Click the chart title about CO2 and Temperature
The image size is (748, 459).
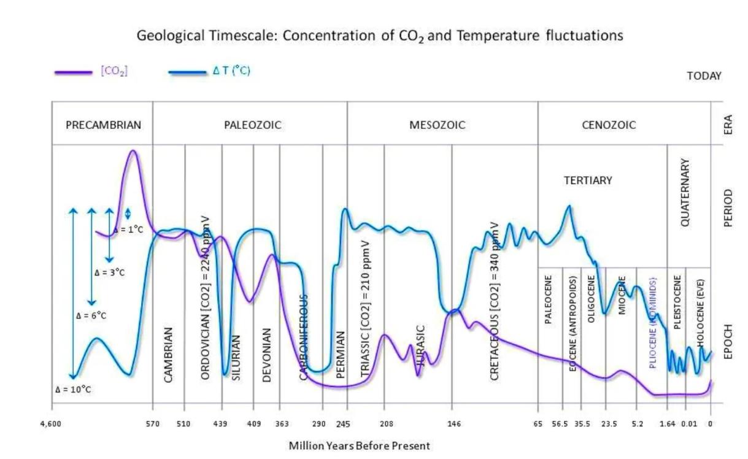coord(379,36)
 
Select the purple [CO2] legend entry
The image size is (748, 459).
coord(114,71)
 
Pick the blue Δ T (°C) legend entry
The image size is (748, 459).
coord(231,71)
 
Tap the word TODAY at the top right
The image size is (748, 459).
coord(704,76)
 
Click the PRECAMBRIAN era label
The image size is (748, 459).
coord(103,125)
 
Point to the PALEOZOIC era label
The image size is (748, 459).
coord(252,125)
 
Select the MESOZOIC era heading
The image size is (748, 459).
coord(437,125)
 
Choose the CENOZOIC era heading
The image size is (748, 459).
coord(608,125)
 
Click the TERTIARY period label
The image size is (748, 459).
coord(588,180)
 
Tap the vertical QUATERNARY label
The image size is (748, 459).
coord(686,193)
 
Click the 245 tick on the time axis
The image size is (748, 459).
coord(342,423)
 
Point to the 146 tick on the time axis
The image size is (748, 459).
coord(453,423)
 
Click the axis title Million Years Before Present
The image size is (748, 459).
coord(359,445)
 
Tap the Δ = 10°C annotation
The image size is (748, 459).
coord(73,389)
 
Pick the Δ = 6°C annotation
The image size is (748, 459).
coord(91,316)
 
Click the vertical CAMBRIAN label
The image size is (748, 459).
coord(168,354)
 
